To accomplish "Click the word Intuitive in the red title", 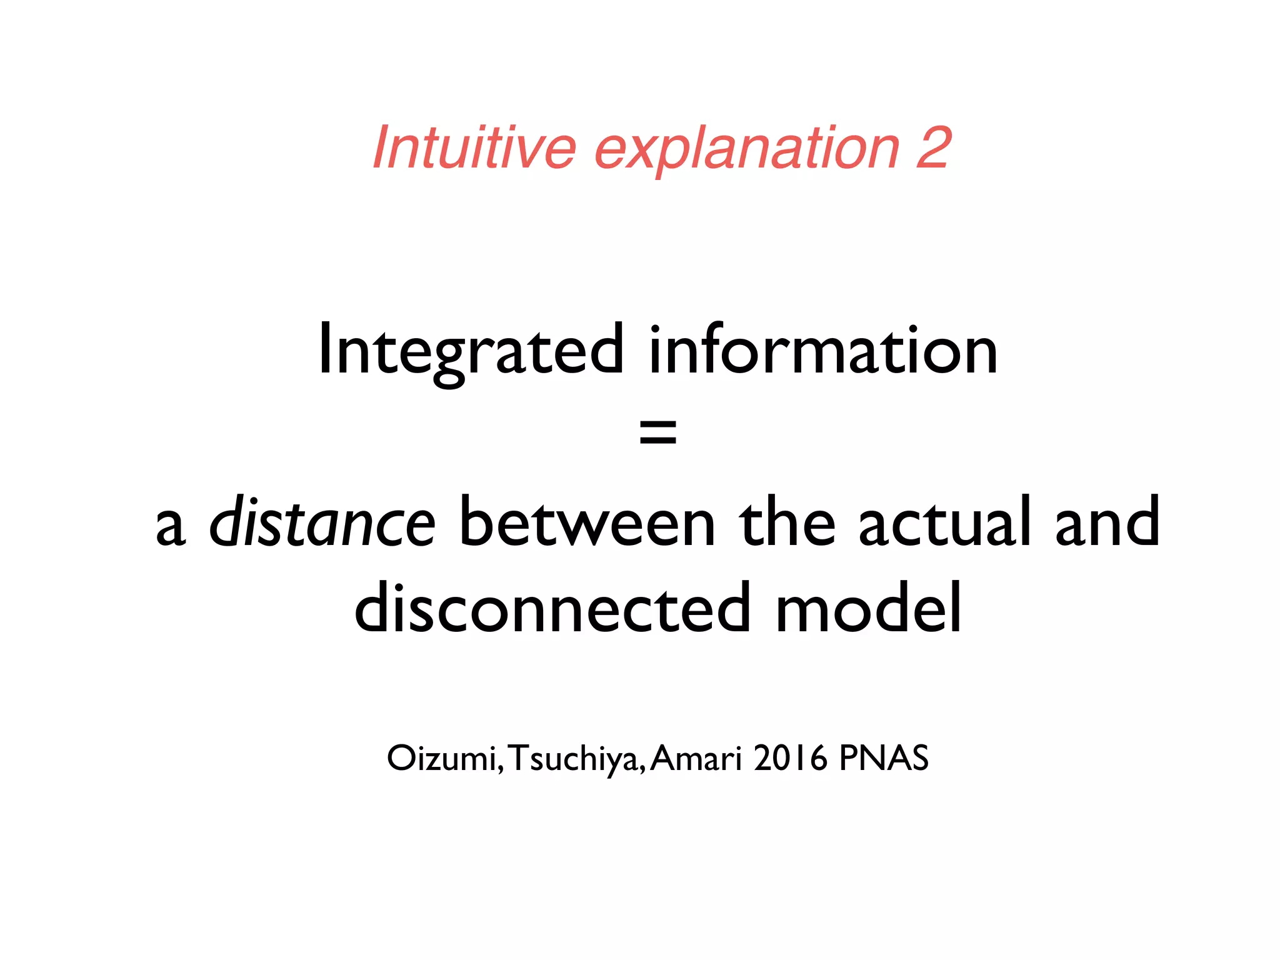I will click(474, 147).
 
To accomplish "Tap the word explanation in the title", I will click(746, 150).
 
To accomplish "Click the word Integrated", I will click(471, 351).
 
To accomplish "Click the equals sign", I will click(657, 432).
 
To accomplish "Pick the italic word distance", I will click(322, 522).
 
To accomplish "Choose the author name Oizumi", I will click(441, 759).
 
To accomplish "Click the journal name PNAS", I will click(883, 759).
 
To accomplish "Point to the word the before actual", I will click(786, 522).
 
